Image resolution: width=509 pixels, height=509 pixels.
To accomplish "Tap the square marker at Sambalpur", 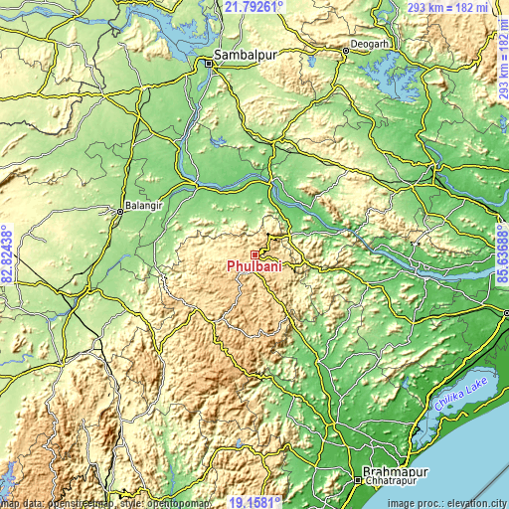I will click(210, 63).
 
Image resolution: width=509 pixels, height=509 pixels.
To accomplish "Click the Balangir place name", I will click(137, 211).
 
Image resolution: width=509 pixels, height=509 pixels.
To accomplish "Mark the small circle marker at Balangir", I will click(118, 210).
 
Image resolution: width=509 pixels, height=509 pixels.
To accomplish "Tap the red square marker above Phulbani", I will click(254, 254).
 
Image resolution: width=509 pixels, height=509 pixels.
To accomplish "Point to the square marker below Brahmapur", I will click(358, 480).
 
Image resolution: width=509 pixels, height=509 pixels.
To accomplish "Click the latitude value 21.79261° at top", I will click(254, 7).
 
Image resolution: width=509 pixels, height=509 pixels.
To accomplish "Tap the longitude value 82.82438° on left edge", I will click(7, 255).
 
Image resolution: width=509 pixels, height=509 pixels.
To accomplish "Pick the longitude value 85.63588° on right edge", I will click(502, 255).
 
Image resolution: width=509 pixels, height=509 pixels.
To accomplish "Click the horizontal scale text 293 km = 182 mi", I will click(446, 7).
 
